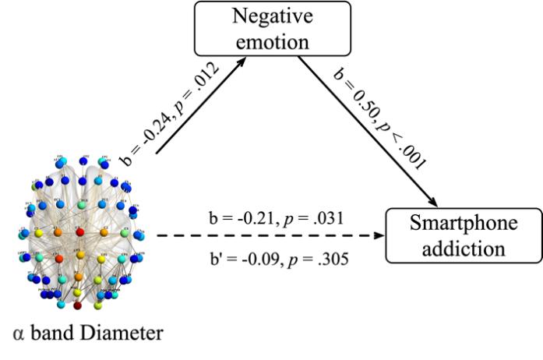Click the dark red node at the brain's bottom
point(77,305)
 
